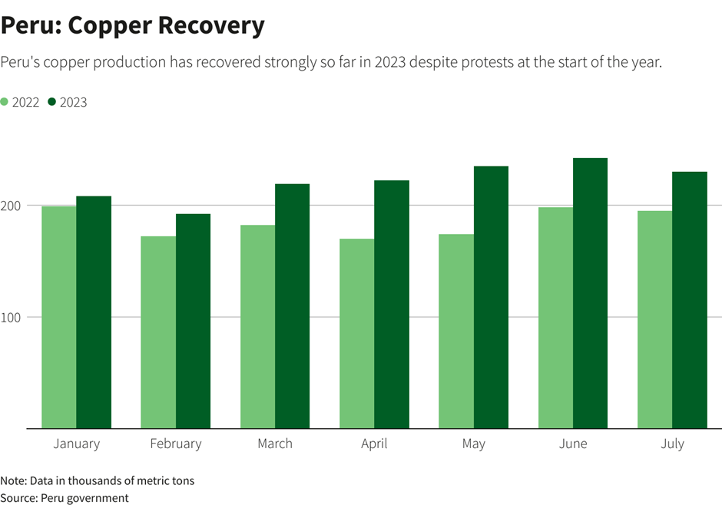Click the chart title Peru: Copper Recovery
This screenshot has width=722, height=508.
click(133, 25)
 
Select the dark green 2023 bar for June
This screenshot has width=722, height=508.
click(590, 293)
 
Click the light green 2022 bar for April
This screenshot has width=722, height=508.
click(356, 333)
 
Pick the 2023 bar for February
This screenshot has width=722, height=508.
click(193, 321)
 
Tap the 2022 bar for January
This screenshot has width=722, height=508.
click(59, 317)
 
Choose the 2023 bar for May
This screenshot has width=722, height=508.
click(491, 297)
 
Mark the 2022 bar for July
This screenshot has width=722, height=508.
click(654, 319)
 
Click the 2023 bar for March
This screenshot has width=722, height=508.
click(292, 305)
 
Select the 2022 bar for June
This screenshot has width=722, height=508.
click(555, 318)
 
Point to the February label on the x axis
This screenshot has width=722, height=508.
click(176, 444)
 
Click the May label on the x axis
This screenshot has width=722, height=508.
click(474, 444)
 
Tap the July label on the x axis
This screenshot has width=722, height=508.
click(672, 444)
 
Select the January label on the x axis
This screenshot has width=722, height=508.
click(77, 444)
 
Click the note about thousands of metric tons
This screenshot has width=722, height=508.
click(98, 481)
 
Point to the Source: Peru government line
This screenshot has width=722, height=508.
click(65, 498)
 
